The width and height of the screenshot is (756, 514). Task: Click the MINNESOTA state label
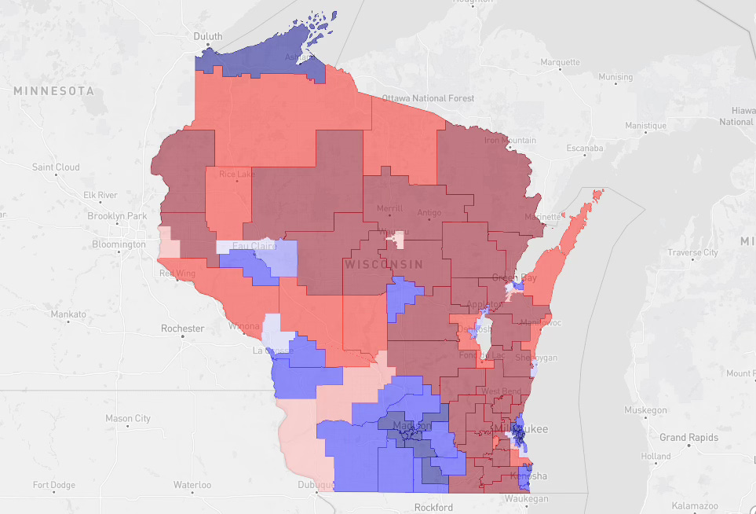[x=53, y=91]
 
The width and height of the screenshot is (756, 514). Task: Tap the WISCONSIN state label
[x=383, y=265]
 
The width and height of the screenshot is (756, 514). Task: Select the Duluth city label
[x=208, y=36]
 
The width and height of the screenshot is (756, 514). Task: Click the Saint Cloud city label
[x=56, y=167]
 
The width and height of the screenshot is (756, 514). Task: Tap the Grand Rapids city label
[x=689, y=437]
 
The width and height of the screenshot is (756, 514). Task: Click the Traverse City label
[x=692, y=252]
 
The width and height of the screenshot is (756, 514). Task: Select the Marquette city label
[x=560, y=62]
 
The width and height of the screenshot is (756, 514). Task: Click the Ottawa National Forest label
[x=428, y=98]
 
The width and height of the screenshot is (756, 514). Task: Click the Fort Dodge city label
[x=54, y=484]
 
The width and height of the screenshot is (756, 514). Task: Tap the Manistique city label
[x=645, y=125]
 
